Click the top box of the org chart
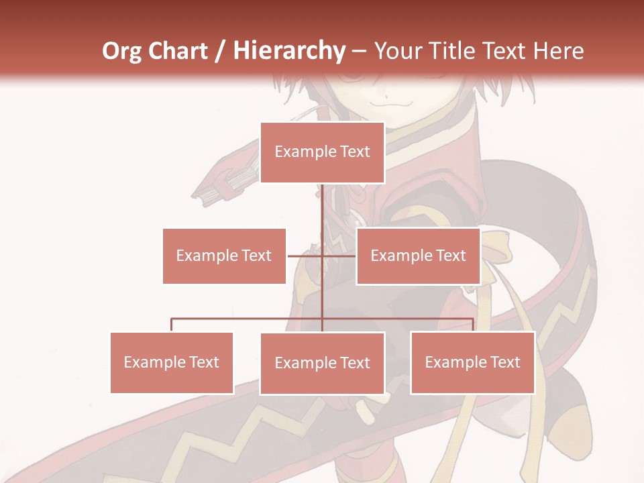pos(322,152)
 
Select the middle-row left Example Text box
pos(224,256)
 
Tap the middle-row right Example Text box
pos(418,256)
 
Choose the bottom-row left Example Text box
pos(172,362)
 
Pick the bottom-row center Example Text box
pos(322,363)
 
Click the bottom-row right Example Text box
pos(472,362)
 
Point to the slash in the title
pos(220,52)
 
